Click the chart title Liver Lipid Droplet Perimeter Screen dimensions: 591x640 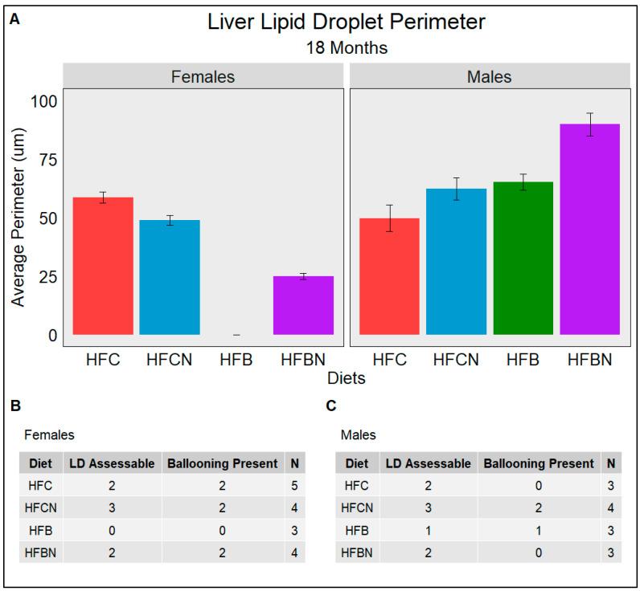(347, 22)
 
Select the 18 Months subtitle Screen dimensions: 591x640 (347, 48)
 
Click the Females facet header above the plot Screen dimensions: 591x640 (203, 77)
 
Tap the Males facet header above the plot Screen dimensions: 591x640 (489, 77)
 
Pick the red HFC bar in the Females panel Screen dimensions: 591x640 (103, 266)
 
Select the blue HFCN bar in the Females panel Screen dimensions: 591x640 (170, 277)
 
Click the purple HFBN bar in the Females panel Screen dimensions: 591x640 (303, 305)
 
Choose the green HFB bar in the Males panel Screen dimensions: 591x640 (523, 258)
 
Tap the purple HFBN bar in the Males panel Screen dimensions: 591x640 (589, 229)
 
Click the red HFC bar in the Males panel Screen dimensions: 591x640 (389, 276)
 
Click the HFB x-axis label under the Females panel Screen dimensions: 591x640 (236, 360)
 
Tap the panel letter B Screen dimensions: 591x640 (15, 406)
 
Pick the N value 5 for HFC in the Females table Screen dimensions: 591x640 (293, 485)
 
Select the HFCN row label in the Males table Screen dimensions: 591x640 (356, 507)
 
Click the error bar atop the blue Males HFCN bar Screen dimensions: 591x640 (456, 189)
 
